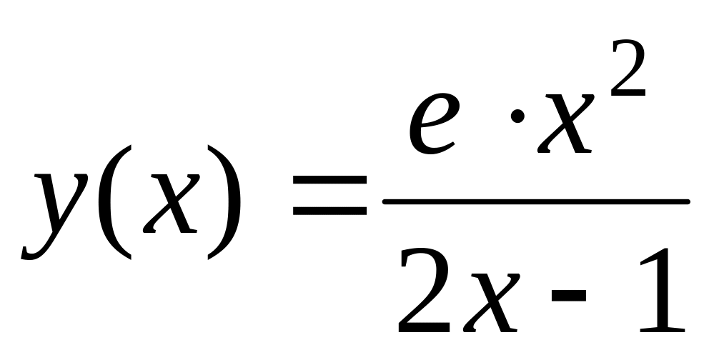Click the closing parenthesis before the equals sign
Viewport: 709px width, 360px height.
tap(224, 202)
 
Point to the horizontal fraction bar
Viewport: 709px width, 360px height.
tap(536, 201)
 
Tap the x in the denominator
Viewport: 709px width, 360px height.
tap(491, 304)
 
